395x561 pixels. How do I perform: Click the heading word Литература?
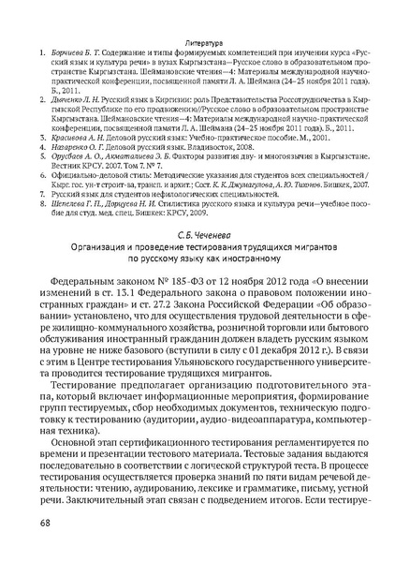pos(197,16)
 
